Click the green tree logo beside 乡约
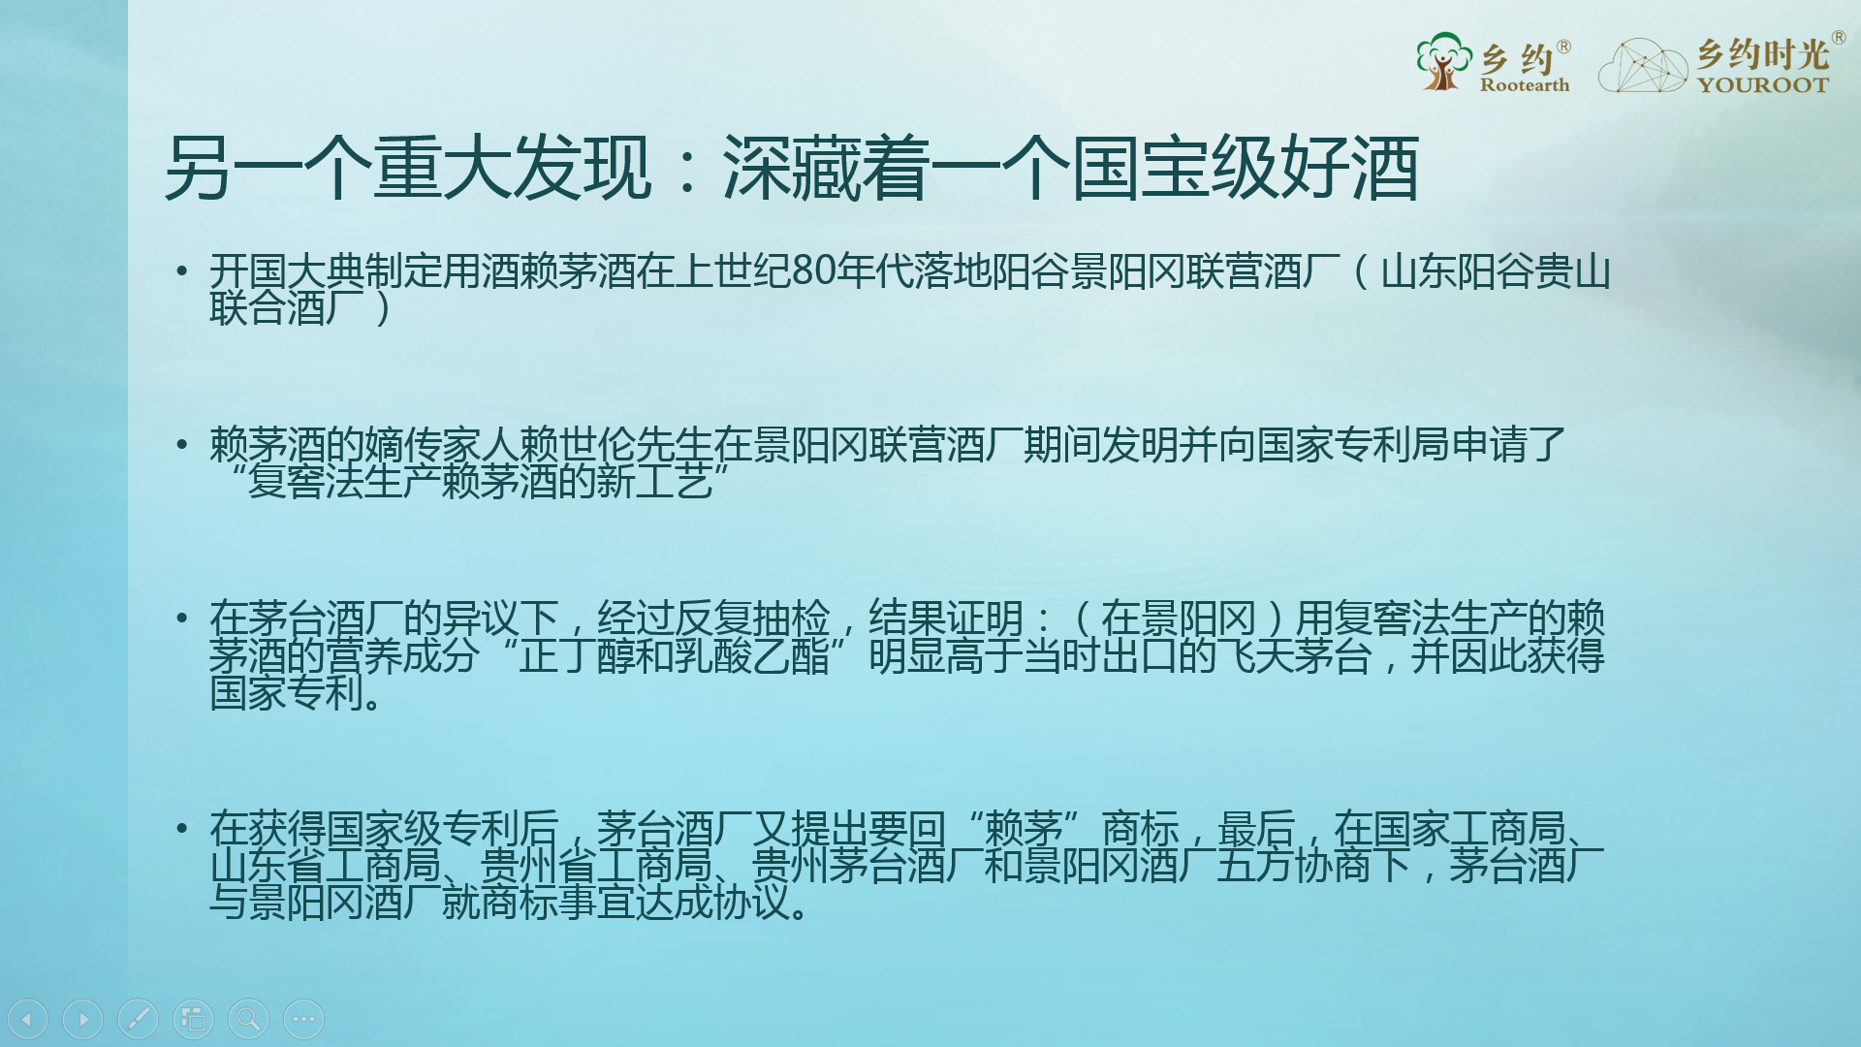[x=1443, y=61]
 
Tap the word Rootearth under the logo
[x=1525, y=85]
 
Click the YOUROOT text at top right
[x=1763, y=85]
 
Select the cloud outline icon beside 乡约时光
[x=1643, y=65]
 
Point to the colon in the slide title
[x=688, y=168]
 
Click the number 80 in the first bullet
[x=814, y=271]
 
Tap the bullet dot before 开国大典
[x=181, y=270]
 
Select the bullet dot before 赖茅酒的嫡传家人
[x=181, y=445]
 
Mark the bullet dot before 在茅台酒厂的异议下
[x=181, y=618]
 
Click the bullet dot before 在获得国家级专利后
[x=181, y=829]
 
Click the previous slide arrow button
[x=27, y=1019]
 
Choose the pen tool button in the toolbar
[x=138, y=1019]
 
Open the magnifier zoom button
[x=248, y=1019]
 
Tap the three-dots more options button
[x=303, y=1019]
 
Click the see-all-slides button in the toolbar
[x=193, y=1019]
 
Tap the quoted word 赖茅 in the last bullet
[x=1024, y=829]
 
